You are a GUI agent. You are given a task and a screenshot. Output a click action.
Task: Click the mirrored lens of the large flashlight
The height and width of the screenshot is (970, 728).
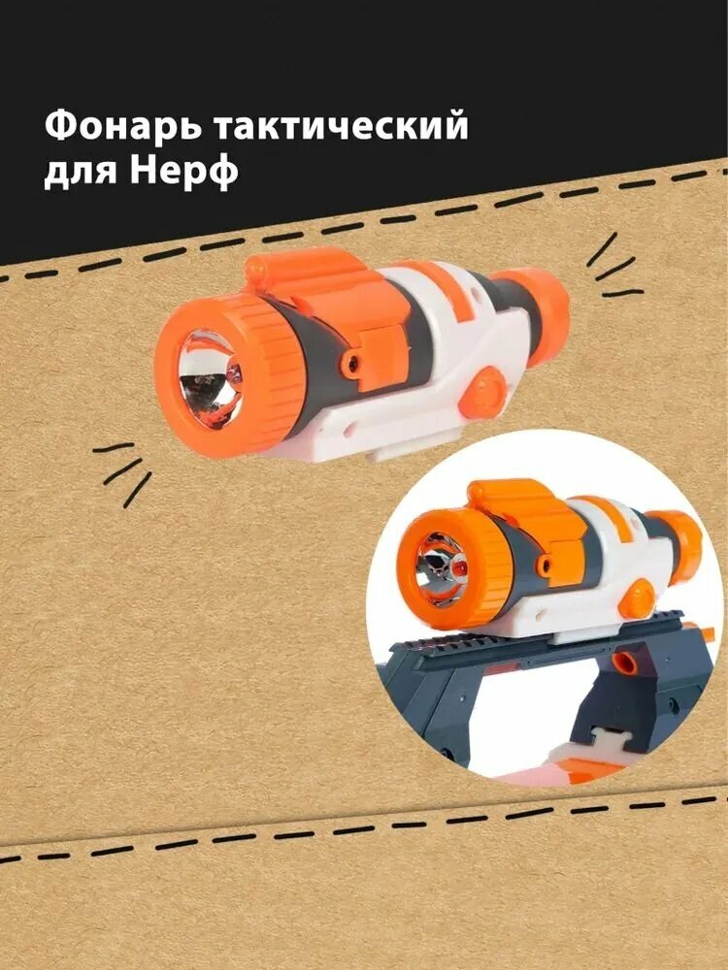click(210, 379)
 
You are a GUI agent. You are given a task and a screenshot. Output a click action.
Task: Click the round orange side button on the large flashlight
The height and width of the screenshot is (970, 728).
click(479, 399)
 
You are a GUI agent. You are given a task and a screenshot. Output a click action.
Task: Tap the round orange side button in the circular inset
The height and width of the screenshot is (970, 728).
click(637, 599)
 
